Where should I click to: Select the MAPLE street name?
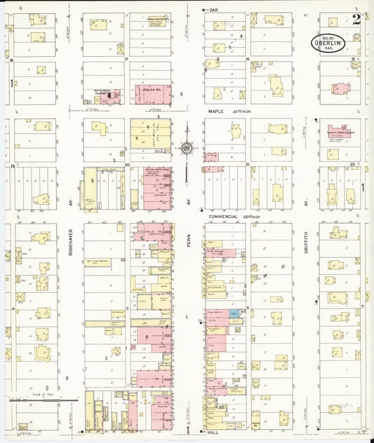tap(214, 111)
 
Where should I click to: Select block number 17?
tap(126, 60)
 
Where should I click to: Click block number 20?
tap(128, 166)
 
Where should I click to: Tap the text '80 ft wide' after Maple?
tap(242, 111)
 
